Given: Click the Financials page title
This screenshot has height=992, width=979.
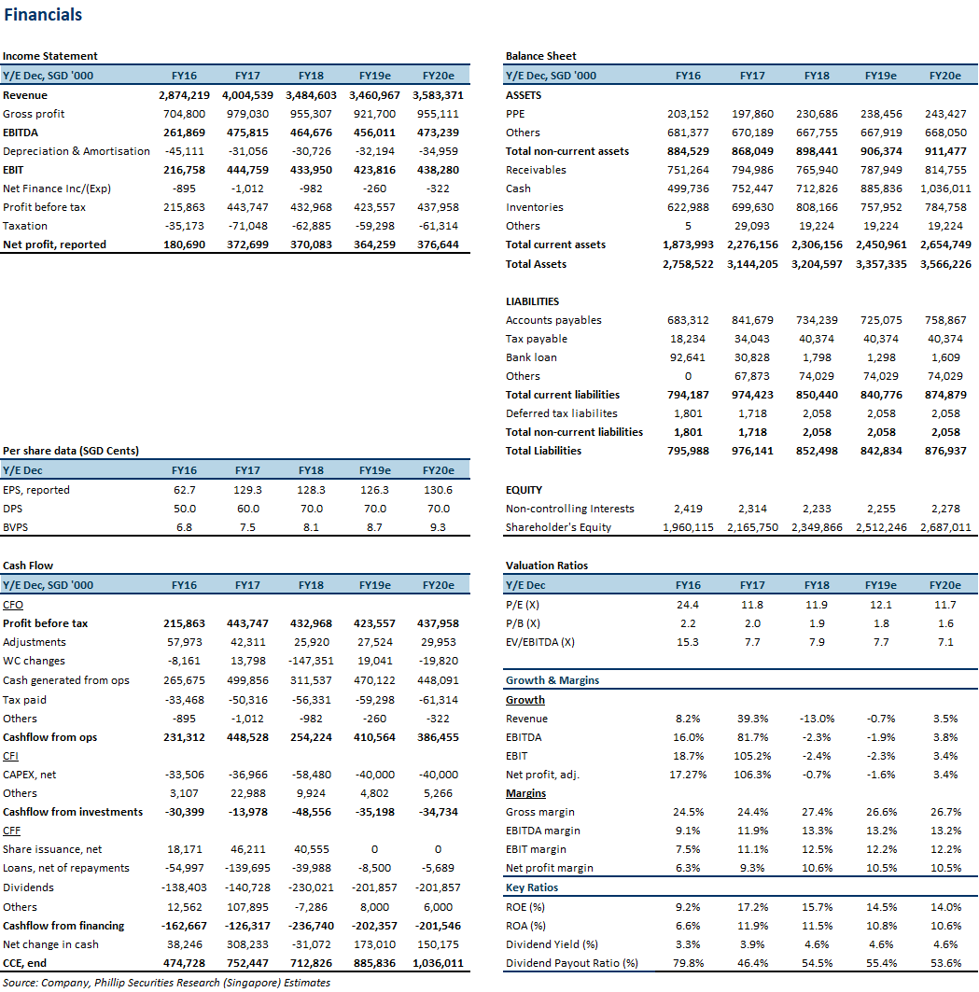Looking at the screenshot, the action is click(43, 15).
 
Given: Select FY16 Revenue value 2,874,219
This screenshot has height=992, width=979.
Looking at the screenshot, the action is click(184, 95).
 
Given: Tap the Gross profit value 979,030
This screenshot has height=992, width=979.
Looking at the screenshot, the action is click(247, 114).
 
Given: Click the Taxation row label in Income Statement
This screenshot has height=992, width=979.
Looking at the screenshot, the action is click(24, 226).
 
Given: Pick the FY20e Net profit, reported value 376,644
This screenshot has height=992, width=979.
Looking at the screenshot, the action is click(438, 245).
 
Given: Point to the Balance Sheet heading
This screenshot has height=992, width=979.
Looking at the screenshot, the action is click(541, 56).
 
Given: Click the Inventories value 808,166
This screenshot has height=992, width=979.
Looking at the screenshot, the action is click(817, 207).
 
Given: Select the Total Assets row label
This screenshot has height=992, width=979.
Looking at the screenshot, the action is click(536, 264).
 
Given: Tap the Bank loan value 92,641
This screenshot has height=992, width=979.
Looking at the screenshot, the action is click(687, 357).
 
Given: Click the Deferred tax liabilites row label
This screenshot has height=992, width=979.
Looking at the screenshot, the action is click(561, 413).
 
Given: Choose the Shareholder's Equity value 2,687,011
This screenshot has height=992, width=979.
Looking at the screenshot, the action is click(944, 527).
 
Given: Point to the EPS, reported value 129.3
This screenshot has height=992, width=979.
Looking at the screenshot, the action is click(247, 490).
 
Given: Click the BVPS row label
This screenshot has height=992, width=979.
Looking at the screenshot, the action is click(15, 527).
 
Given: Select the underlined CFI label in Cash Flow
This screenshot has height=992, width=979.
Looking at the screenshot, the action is click(11, 756).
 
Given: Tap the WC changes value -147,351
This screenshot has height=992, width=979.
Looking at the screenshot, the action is click(311, 661).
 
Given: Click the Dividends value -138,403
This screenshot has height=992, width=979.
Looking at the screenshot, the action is click(184, 888).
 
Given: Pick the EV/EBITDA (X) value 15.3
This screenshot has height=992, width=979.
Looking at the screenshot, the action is click(687, 642).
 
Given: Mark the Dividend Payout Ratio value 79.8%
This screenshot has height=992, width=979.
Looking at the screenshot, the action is click(687, 963).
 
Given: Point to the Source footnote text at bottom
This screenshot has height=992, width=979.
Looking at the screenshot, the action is click(166, 984).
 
